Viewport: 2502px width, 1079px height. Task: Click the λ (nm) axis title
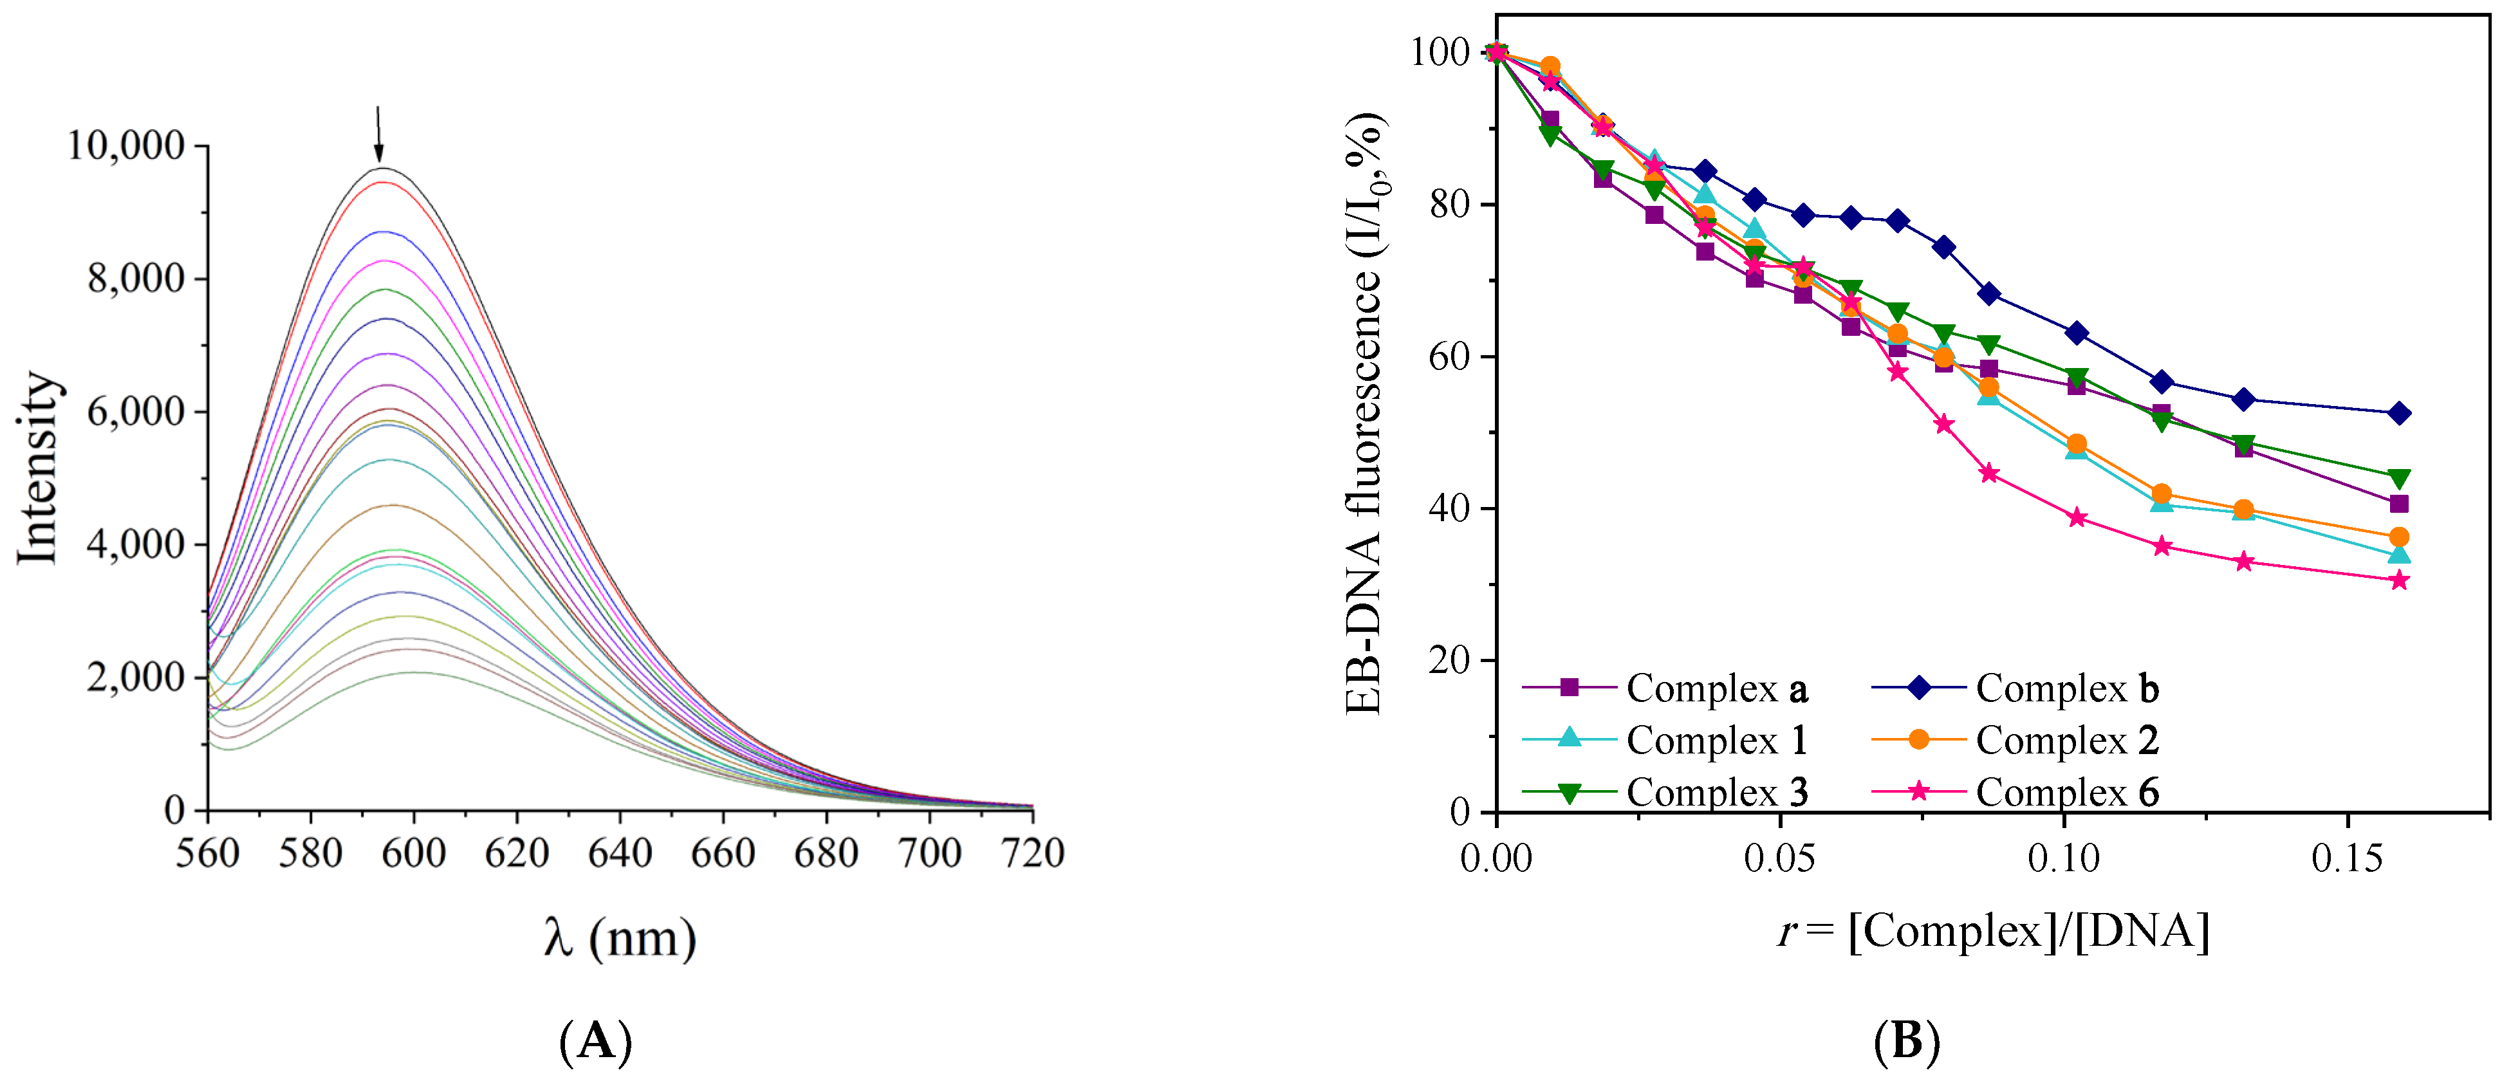[620, 938]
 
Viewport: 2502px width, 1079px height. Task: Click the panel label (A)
[595, 1041]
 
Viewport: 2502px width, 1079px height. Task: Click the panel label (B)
[1905, 1041]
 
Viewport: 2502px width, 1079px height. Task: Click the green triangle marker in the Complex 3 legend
[1570, 793]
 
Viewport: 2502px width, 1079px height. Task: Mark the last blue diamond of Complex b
[2398, 413]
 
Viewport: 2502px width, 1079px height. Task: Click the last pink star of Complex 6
[2398, 581]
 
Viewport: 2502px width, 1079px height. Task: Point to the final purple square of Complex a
[2398, 503]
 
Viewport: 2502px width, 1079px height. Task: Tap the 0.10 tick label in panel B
[2063, 858]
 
